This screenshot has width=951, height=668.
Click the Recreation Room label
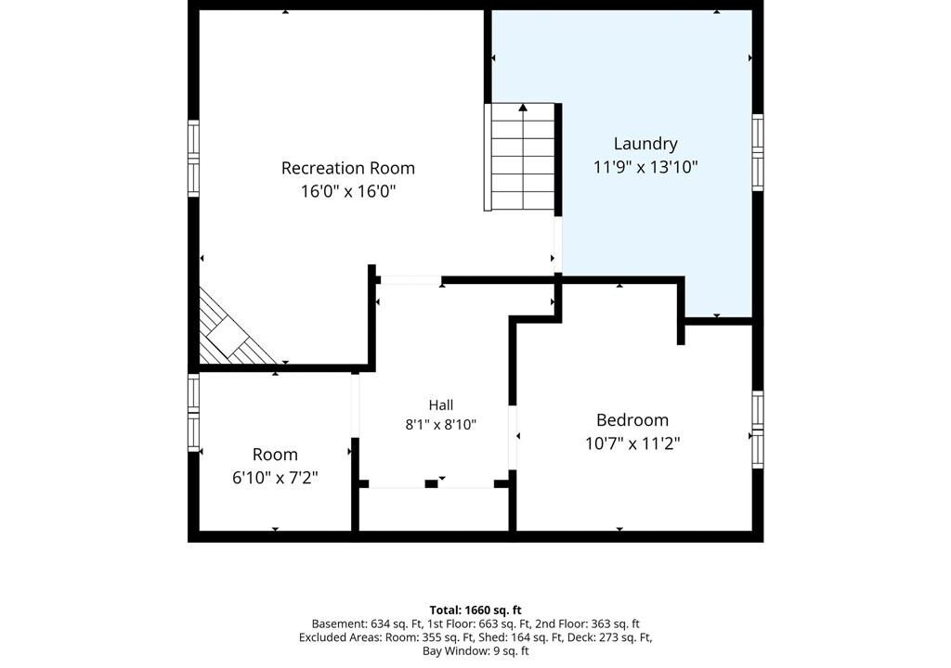(348, 168)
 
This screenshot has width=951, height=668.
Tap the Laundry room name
(645, 144)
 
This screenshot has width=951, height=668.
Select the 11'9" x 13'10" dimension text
(645, 167)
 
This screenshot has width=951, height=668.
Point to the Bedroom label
(632, 420)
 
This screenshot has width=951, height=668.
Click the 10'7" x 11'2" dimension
(632, 443)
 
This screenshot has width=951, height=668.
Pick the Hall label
(441, 405)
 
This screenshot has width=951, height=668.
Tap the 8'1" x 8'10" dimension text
(441, 424)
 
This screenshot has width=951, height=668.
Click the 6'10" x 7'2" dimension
(275, 478)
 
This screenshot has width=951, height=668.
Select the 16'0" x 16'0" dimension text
(348, 191)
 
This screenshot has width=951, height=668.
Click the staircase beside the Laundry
(520, 157)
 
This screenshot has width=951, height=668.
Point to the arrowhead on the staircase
(523, 108)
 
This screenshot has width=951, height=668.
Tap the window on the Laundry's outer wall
(758, 153)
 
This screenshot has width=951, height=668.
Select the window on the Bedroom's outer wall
(758, 430)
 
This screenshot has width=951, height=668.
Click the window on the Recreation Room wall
(193, 159)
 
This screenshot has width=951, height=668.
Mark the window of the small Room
(193, 412)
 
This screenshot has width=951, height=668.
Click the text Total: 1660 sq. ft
(475, 610)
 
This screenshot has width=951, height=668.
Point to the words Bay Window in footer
(452, 651)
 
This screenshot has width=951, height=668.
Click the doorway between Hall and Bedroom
(513, 437)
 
